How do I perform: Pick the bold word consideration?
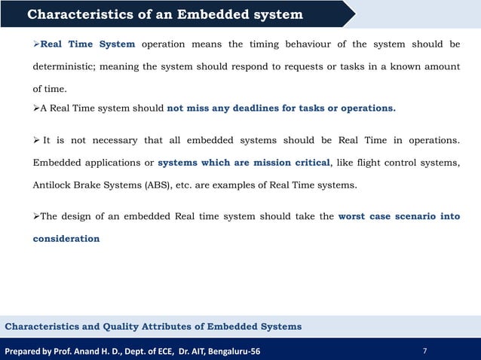(66, 238)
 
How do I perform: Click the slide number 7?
(426, 350)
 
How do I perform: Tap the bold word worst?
(354, 216)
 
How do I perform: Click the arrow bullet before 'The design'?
(35, 216)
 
